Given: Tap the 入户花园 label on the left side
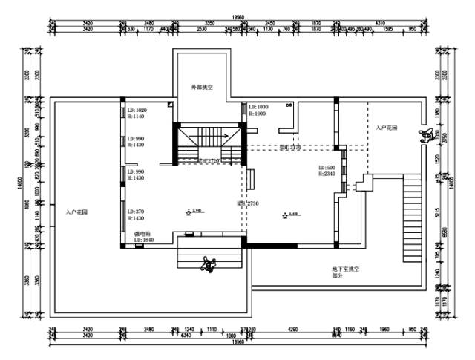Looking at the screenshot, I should (x=76, y=212).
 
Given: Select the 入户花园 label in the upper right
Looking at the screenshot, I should (x=386, y=128).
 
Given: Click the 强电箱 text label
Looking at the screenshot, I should (x=142, y=233).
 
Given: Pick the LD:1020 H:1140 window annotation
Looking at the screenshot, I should (x=137, y=114).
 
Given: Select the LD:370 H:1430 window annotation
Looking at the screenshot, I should (x=137, y=215).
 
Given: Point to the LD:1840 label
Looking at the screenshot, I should (x=143, y=240).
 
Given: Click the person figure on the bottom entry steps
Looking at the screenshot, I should (x=210, y=263).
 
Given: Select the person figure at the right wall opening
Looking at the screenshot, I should (x=428, y=136).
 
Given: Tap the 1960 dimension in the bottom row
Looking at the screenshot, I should (x=384, y=328).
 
